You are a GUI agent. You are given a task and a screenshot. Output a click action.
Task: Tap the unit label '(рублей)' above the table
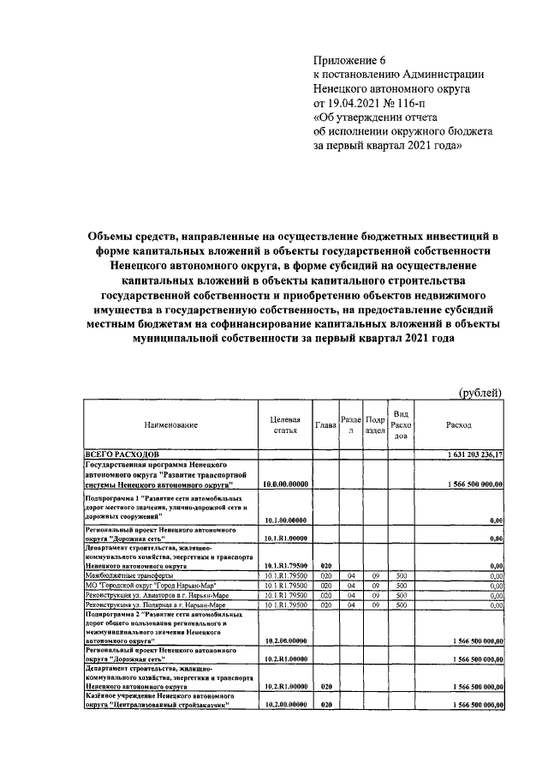480,392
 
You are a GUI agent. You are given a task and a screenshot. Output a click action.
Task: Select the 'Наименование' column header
171,424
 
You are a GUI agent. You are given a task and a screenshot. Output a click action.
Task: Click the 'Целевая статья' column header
284,424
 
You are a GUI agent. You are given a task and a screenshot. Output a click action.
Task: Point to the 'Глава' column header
325,424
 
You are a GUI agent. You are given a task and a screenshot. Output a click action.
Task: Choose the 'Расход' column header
458,424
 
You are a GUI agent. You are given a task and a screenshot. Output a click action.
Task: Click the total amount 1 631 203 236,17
474,453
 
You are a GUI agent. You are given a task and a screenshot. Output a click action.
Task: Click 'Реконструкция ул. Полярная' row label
151,605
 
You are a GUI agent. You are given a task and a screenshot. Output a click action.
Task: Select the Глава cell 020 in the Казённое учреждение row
325,704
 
